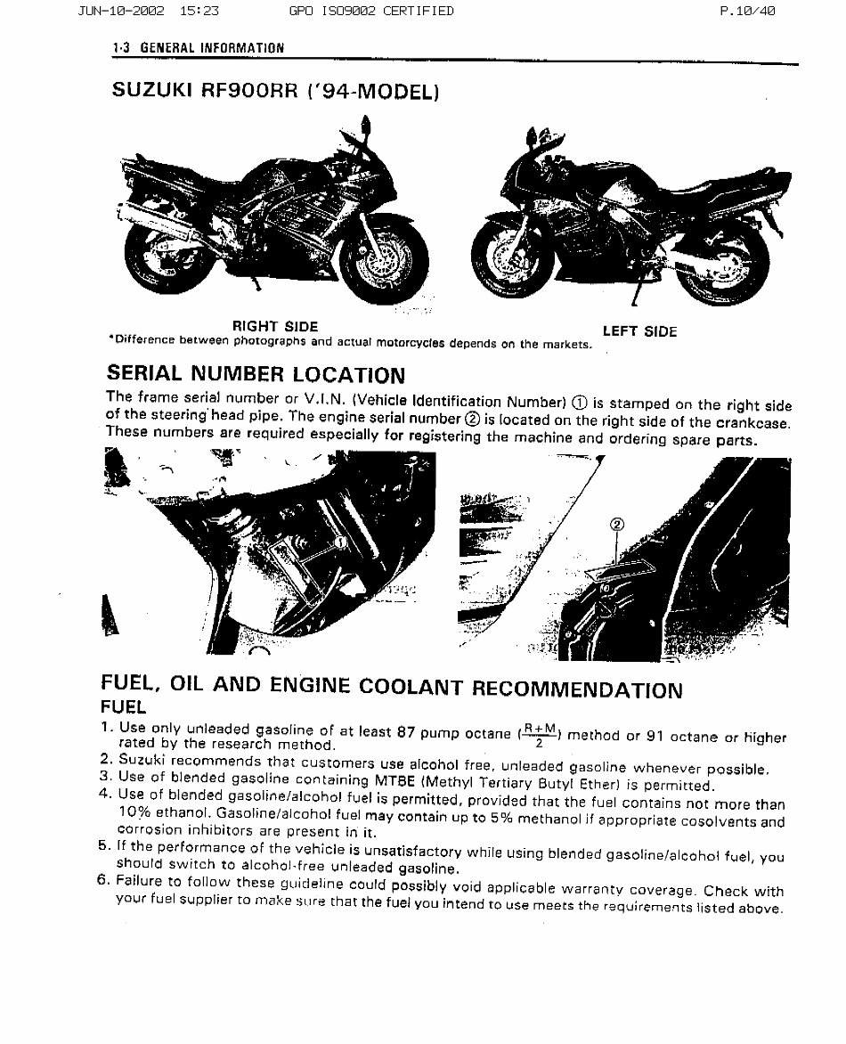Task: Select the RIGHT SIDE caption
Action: pos(275,327)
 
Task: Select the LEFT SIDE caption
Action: pos(639,331)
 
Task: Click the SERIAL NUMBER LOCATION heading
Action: pos(256,374)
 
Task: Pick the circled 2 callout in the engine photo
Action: pos(618,525)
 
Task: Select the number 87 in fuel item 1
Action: pos(406,732)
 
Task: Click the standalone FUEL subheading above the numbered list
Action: pos(123,707)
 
